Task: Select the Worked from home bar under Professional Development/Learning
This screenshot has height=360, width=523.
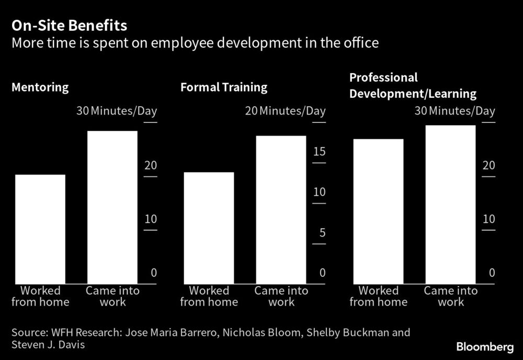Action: point(378,211)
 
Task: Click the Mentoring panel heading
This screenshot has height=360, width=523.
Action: point(40,87)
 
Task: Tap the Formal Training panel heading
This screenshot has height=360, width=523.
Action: point(224,87)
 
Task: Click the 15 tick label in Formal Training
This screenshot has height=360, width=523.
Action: point(319,152)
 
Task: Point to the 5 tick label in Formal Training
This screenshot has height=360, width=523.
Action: point(322,232)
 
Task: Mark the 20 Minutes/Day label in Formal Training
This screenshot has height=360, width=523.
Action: point(285,111)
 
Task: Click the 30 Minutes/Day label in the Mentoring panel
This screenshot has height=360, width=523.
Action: point(117,111)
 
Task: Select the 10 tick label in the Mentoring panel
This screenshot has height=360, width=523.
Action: point(150,219)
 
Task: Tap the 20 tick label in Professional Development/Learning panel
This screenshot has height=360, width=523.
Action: point(488,165)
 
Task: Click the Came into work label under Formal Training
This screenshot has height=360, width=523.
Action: point(281,296)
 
